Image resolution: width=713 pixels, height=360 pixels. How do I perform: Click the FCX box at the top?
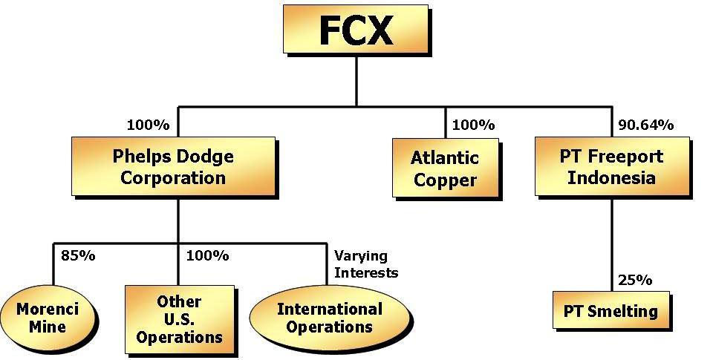356,30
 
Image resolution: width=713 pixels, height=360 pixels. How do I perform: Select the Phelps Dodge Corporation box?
172,167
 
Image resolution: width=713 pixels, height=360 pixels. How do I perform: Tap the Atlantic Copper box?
444,169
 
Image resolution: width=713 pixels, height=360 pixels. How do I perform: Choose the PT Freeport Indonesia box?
612,168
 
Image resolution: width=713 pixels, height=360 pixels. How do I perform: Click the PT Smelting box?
611,311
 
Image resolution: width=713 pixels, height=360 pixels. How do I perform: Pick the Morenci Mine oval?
48,317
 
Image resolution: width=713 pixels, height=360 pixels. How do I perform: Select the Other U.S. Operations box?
179,319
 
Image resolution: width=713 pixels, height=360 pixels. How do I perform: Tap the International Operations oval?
329,317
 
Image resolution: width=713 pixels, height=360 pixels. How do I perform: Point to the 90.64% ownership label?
645,125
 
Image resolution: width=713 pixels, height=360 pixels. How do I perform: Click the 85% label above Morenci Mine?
78,256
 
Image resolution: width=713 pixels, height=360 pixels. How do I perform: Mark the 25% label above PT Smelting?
635,280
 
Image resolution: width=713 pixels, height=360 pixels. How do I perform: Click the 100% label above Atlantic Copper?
473,125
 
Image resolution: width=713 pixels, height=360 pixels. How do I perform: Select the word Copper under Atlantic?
445,180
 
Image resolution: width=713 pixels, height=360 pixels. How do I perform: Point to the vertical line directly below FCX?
356,82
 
